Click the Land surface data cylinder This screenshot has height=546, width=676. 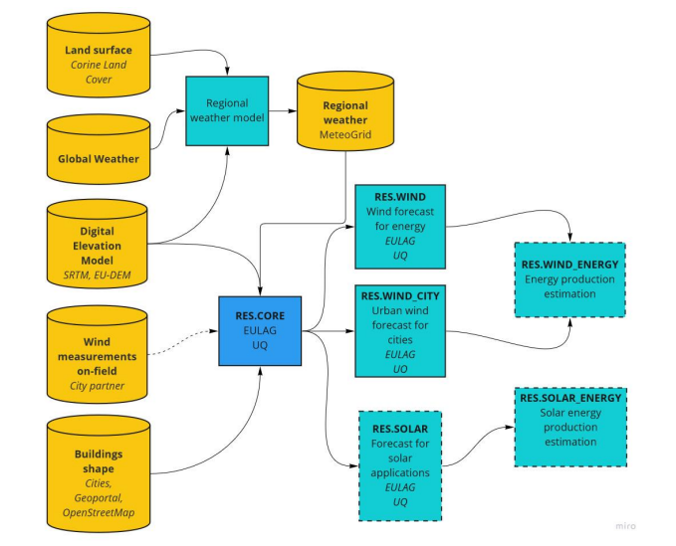point(98,60)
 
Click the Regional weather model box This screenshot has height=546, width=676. point(227,110)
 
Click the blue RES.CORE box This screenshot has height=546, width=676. point(261,330)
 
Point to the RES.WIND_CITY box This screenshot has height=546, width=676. point(398,330)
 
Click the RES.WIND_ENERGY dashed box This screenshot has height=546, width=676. point(570,279)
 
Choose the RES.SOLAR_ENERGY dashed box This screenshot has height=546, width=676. point(570,426)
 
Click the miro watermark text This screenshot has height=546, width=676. point(623,525)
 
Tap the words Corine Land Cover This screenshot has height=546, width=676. point(98,72)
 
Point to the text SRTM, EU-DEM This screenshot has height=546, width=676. point(98,273)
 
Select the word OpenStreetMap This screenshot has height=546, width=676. point(99,512)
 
